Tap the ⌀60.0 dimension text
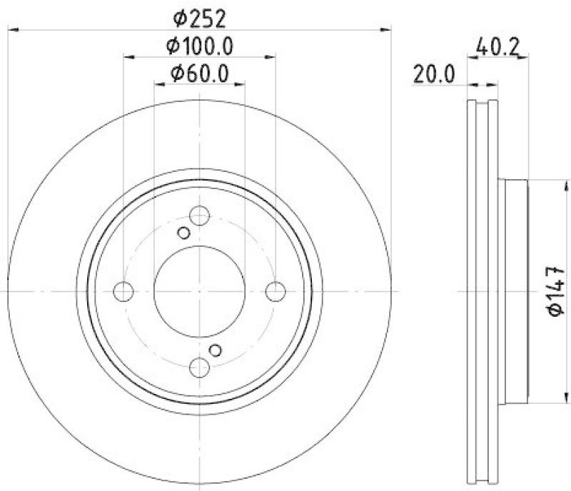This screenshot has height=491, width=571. pyautogui.click(x=199, y=73)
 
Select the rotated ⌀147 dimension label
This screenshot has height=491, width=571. pyautogui.click(x=556, y=290)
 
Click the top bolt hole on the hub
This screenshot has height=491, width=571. pyautogui.click(x=200, y=216)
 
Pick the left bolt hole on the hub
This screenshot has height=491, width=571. pyautogui.click(x=124, y=291)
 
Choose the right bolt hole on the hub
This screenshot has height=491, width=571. pyautogui.click(x=276, y=291)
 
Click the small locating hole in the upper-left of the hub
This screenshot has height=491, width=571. pyautogui.click(x=183, y=233)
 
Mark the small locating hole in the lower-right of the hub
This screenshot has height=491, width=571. pyautogui.click(x=216, y=350)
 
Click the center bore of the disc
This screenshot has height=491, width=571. pyautogui.click(x=200, y=291)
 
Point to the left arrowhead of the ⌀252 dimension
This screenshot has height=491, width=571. pyautogui.click(x=12, y=29)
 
